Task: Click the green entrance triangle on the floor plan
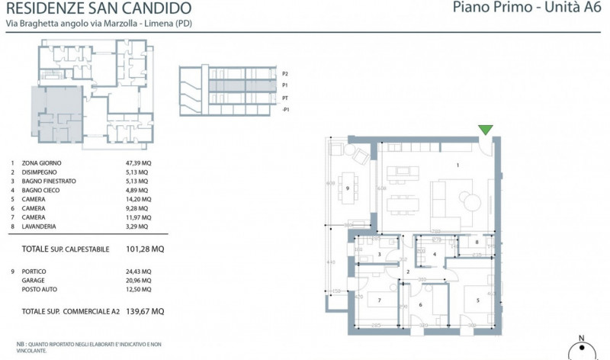click(x=485, y=130)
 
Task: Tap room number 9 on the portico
click(x=347, y=188)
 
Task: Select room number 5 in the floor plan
click(x=478, y=300)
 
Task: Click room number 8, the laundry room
click(x=477, y=243)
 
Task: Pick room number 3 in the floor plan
click(x=379, y=255)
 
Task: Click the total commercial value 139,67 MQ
click(x=145, y=311)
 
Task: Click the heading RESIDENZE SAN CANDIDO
click(x=98, y=9)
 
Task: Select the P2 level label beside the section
click(x=285, y=74)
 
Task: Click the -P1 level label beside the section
click(x=285, y=111)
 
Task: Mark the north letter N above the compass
click(x=582, y=337)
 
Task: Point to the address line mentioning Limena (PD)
click(x=98, y=25)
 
